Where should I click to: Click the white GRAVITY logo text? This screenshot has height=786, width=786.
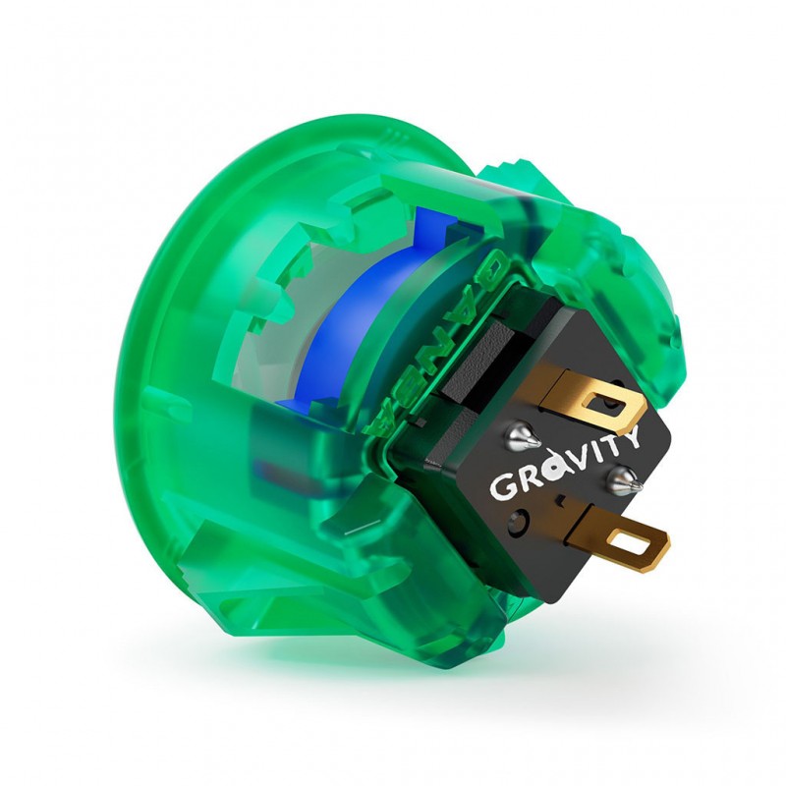pos(566,465)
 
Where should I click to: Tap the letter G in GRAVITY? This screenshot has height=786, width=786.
pos(502,486)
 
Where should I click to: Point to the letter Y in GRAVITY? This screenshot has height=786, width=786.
pos(629,437)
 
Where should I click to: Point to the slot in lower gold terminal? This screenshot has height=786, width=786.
pos(632,542)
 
